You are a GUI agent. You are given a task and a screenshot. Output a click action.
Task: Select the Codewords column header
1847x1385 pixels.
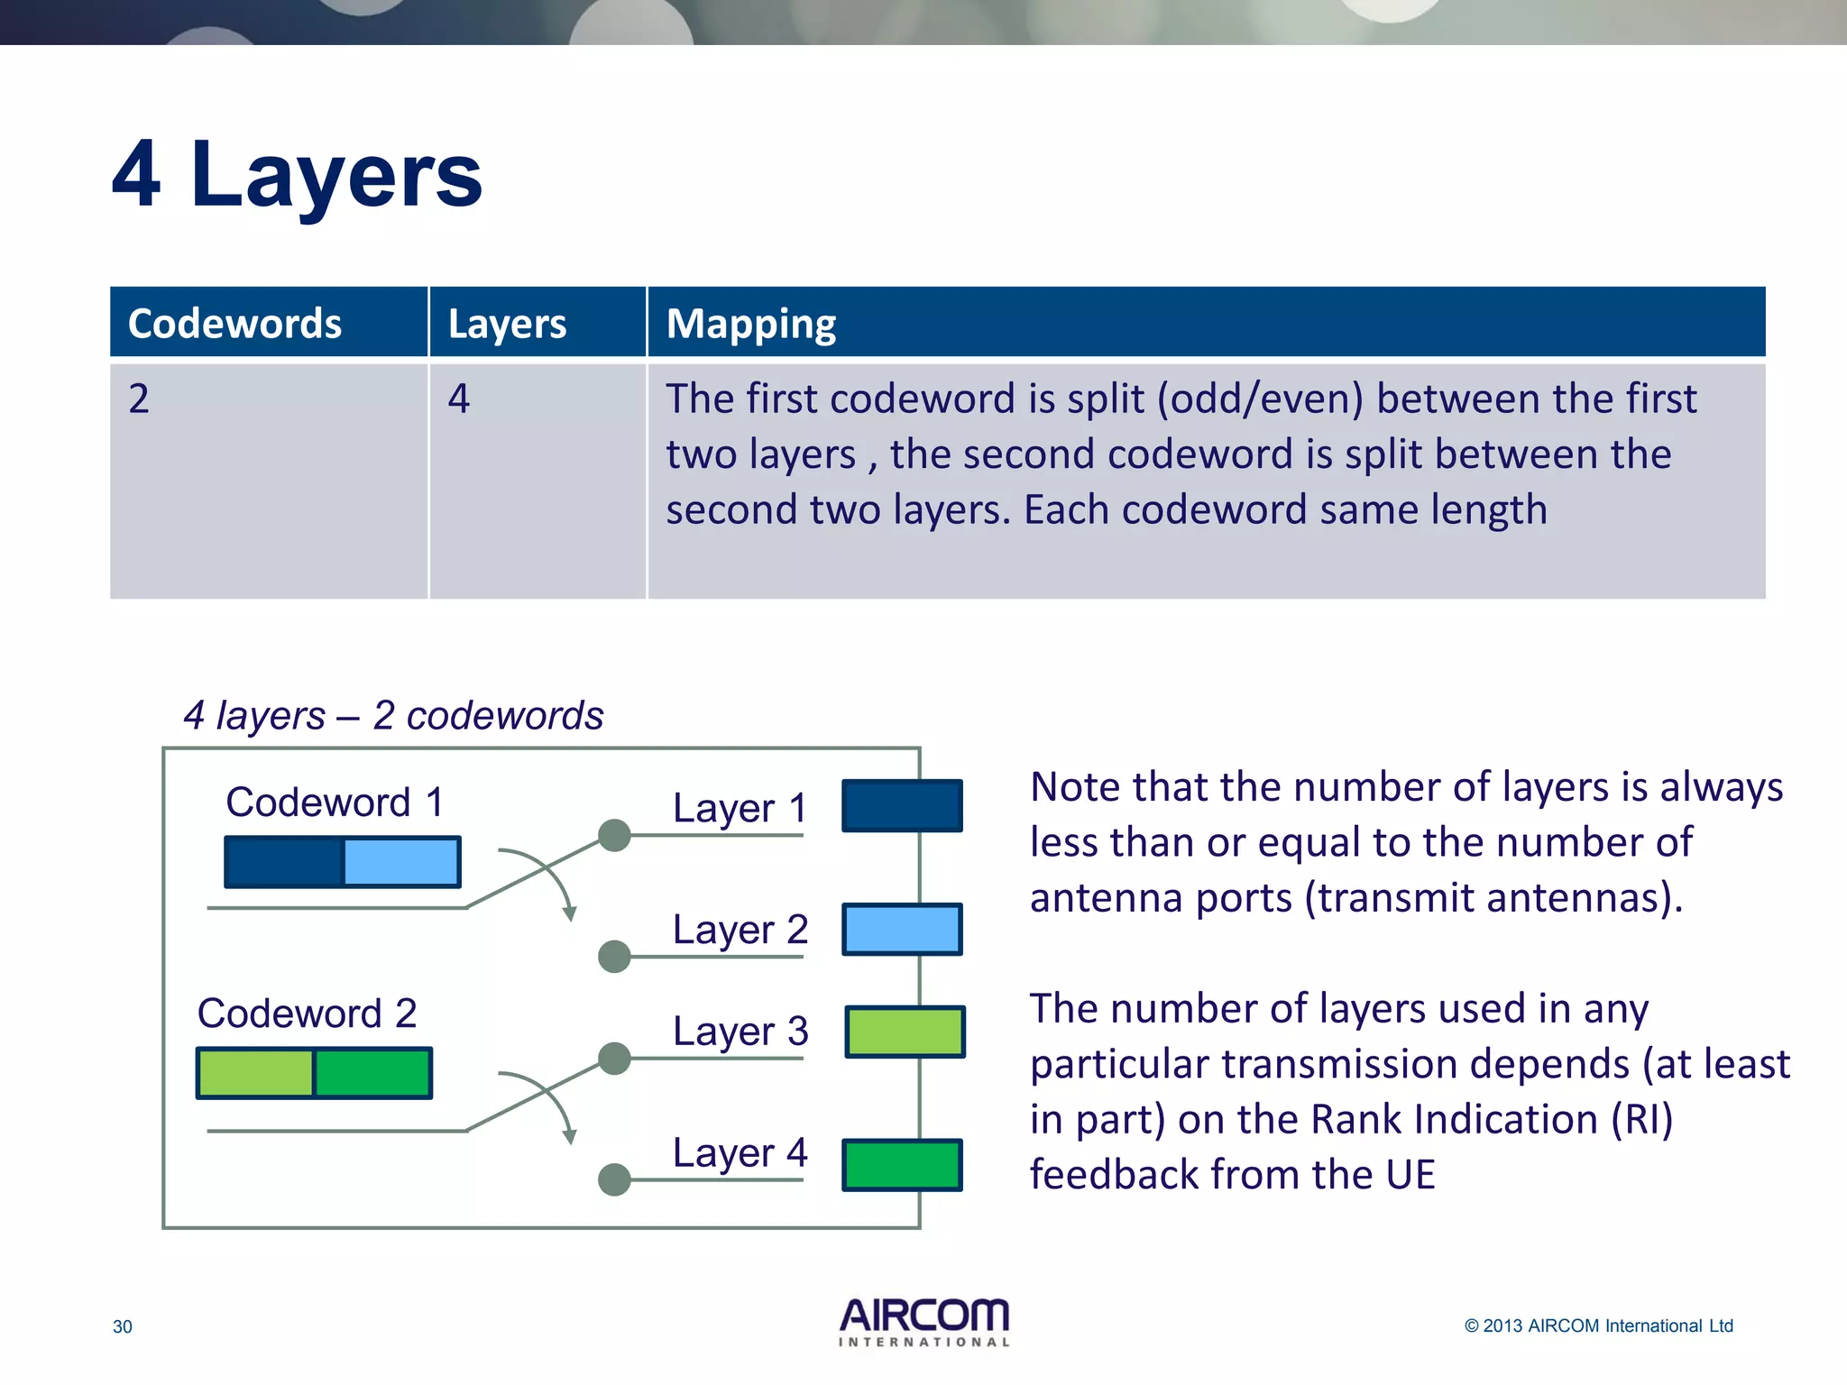(x=234, y=324)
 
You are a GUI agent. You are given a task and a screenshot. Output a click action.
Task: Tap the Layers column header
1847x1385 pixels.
(x=507, y=324)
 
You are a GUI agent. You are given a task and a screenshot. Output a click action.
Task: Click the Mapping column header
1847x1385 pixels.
(x=750, y=324)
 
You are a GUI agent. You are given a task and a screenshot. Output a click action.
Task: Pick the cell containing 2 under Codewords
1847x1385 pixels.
(x=139, y=399)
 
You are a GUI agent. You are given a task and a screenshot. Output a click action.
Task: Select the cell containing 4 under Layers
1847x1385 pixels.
(x=458, y=399)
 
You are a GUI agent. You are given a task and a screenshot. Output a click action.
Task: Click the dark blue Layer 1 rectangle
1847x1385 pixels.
(x=902, y=805)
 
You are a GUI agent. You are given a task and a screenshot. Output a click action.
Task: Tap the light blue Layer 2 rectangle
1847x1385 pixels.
(x=902, y=929)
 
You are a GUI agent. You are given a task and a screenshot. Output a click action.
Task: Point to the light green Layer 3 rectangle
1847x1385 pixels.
(x=905, y=1032)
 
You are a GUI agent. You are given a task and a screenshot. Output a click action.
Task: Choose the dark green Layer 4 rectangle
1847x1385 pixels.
(x=902, y=1164)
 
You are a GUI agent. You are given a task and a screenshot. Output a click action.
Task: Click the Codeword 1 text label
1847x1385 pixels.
(x=335, y=802)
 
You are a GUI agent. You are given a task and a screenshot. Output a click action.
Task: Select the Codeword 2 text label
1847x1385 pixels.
(x=307, y=1013)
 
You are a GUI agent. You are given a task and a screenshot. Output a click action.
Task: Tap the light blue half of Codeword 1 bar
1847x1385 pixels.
(x=401, y=862)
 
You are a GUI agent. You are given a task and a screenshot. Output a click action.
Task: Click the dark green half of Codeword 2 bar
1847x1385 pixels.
(x=372, y=1073)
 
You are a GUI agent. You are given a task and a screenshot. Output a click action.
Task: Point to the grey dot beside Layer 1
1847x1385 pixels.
(x=614, y=835)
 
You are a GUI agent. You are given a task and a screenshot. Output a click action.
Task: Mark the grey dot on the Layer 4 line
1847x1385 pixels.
(x=614, y=1179)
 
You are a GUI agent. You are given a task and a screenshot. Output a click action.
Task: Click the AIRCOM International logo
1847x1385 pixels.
(x=924, y=1322)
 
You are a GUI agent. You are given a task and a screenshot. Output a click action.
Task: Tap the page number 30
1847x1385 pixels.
(x=123, y=1326)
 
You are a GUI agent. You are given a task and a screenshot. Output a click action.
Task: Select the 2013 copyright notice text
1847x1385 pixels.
(x=1598, y=1325)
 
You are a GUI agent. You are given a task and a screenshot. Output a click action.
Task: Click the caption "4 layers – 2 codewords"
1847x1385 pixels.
(x=393, y=716)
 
